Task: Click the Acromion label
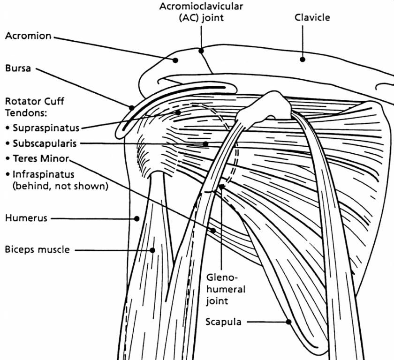pyautogui.click(x=28, y=36)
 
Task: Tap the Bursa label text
pyautogui.click(x=18, y=68)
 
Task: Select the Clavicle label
pyautogui.click(x=312, y=18)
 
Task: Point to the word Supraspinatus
pyautogui.click(x=46, y=127)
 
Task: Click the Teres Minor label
pyautogui.click(x=41, y=158)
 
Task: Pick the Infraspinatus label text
pyautogui.click(x=43, y=174)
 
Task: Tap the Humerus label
pyautogui.click(x=26, y=218)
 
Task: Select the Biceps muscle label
pyautogui.click(x=37, y=249)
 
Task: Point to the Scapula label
pyautogui.click(x=223, y=322)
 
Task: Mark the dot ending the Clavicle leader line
pyautogui.click(x=303, y=60)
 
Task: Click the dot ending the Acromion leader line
pyautogui.click(x=175, y=60)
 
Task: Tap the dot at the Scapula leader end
pyautogui.click(x=289, y=322)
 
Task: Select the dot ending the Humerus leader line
pyautogui.click(x=137, y=218)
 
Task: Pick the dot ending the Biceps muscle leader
pyautogui.click(x=153, y=250)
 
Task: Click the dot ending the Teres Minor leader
pyautogui.click(x=213, y=230)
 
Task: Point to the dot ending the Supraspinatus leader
pyautogui.click(x=178, y=112)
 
